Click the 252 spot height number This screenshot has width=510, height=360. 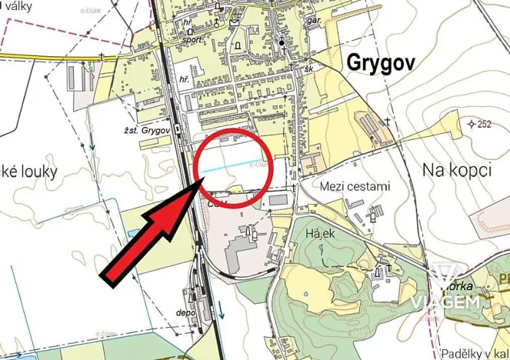pos(484,124)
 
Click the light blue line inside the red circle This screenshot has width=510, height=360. pos(231,165)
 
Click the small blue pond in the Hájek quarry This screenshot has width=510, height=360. pos(306,292)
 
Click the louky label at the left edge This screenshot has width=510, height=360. pos(31,170)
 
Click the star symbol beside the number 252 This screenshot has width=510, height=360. pos(471,123)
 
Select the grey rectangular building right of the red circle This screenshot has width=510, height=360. pos(278,199)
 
